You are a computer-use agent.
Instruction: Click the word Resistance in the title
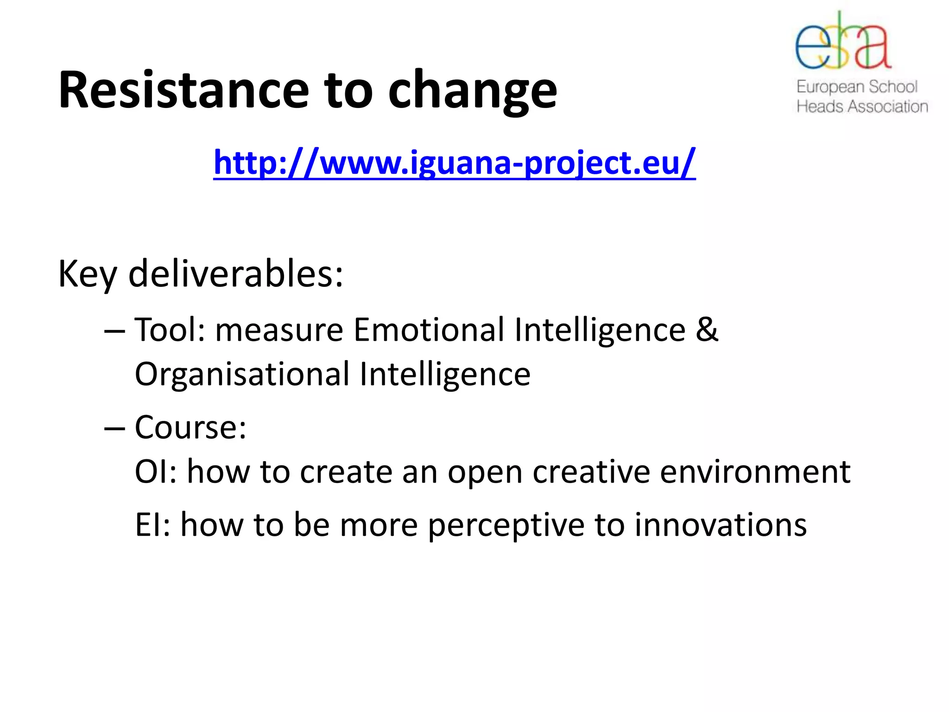click(x=183, y=90)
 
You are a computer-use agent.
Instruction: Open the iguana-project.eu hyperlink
click(x=454, y=163)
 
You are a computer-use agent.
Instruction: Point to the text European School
click(x=857, y=87)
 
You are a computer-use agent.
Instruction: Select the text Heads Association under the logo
click(x=862, y=107)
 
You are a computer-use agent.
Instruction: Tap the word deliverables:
click(x=235, y=274)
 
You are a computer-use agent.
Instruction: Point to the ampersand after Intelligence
click(x=707, y=330)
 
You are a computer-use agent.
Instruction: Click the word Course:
click(x=190, y=427)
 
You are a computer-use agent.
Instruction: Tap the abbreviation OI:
click(x=155, y=472)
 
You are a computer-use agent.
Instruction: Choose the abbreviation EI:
click(x=152, y=525)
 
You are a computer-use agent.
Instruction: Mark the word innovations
click(x=721, y=525)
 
